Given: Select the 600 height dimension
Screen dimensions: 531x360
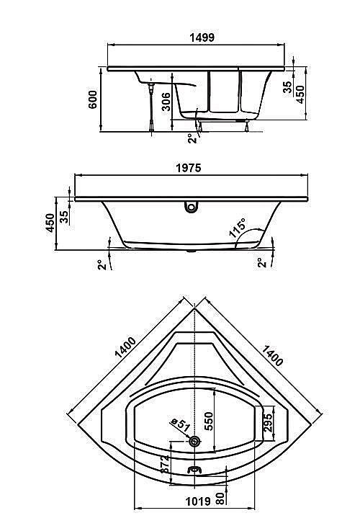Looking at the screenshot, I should (93, 99).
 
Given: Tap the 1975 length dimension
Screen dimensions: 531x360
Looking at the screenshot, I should (189, 167).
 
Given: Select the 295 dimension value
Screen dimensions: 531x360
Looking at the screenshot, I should (267, 423).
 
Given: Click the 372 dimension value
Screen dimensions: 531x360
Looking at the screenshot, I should (165, 465).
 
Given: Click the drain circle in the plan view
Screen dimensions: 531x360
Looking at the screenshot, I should (194, 441).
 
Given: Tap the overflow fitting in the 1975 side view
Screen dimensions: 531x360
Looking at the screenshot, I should (191, 208).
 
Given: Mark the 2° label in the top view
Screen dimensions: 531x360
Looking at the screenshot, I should (190, 137).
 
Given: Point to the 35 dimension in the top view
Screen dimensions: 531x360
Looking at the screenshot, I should (289, 87).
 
